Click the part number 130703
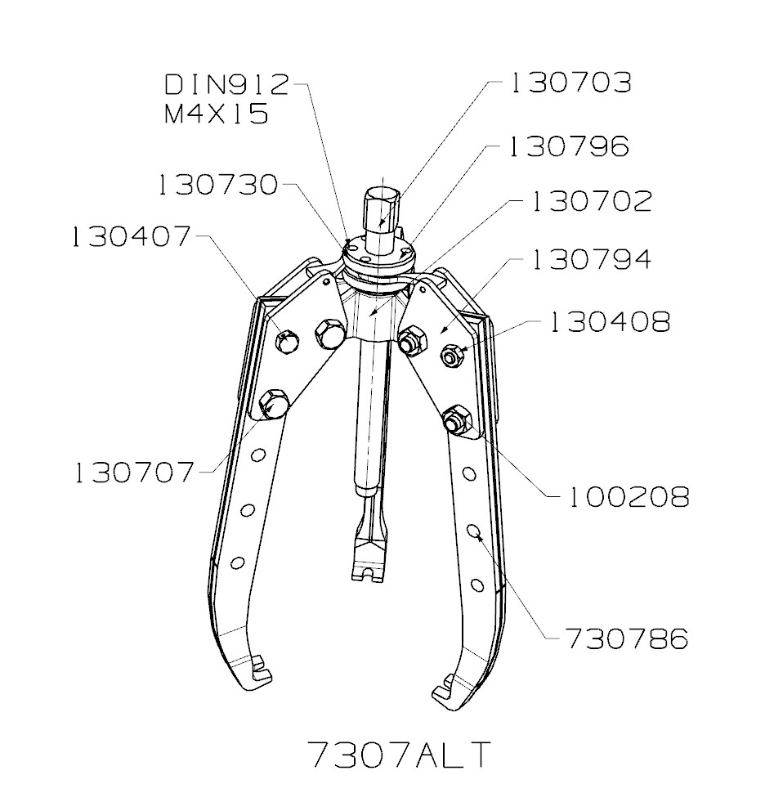(x=571, y=83)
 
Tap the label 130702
(x=592, y=202)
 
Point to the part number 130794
(x=592, y=261)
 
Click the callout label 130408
(x=609, y=322)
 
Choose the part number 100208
(x=628, y=496)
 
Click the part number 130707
(x=134, y=473)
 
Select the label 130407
(x=130, y=237)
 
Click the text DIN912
(x=227, y=84)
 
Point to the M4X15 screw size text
(x=217, y=114)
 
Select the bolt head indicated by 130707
(x=273, y=403)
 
